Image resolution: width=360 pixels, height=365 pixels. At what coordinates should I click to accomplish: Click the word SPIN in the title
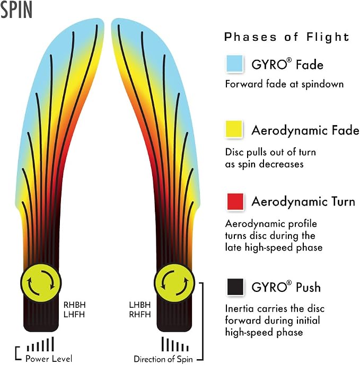coord(16,10)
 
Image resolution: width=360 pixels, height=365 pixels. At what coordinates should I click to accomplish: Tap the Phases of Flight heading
coord(287,37)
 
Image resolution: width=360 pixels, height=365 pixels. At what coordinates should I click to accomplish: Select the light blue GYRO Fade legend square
coord(235,64)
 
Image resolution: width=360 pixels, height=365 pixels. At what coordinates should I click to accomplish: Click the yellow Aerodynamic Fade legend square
coord(234,129)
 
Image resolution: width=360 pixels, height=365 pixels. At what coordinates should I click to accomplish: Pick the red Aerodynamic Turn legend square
coord(235,201)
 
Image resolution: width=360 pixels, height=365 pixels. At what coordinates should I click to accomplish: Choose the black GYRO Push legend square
coord(235,287)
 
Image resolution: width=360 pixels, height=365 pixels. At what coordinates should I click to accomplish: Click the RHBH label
coord(75,305)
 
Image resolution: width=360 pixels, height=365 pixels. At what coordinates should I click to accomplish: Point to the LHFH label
coord(74,315)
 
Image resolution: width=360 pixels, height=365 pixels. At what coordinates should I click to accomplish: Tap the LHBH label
coord(140,305)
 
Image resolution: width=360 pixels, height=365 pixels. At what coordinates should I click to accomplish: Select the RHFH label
coord(140,315)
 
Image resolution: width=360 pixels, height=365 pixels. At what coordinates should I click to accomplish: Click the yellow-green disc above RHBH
coord(41,283)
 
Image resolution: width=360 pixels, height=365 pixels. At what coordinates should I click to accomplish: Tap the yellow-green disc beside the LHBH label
coord(174,283)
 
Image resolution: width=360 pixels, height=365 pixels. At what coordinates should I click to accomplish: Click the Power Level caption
coord(49,359)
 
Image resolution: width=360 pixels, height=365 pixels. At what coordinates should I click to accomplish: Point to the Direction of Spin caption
coord(163,359)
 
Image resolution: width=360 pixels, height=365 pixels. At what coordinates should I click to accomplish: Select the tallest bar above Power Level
coord(52,344)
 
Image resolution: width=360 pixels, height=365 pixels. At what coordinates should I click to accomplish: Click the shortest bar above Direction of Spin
coord(187,348)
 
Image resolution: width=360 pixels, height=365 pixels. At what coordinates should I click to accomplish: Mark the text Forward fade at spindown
coord(284,84)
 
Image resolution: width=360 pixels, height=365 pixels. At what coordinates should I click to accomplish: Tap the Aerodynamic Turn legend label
coord(303,202)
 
